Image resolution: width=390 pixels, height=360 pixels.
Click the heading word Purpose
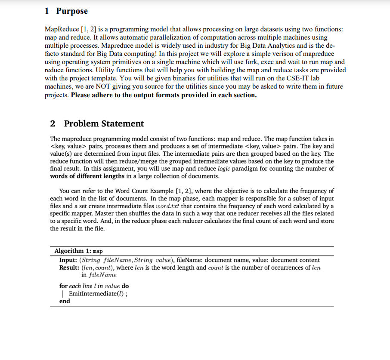coord(72,11)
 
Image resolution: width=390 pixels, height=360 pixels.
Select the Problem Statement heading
coord(104,123)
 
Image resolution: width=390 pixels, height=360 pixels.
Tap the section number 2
coord(53,123)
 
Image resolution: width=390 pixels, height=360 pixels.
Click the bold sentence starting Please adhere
coord(164,95)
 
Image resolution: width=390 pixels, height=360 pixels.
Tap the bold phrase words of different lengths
coord(87,176)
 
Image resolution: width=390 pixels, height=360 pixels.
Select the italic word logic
coord(224,169)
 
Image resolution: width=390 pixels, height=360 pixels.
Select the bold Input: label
coord(68,260)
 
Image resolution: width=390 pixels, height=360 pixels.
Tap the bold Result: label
coord(69,268)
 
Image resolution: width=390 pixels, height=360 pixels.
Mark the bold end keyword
coord(65,301)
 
